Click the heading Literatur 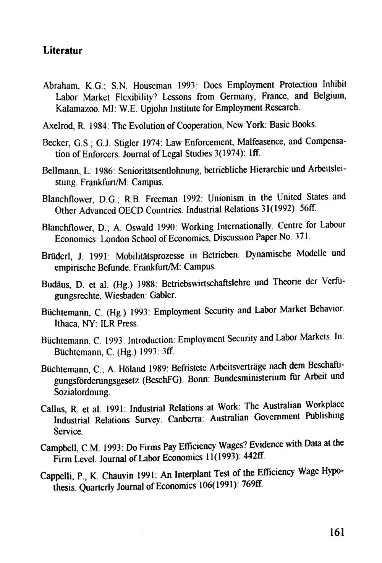pyautogui.click(x=62, y=50)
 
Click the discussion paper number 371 pyautogui.click(x=300, y=237)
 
